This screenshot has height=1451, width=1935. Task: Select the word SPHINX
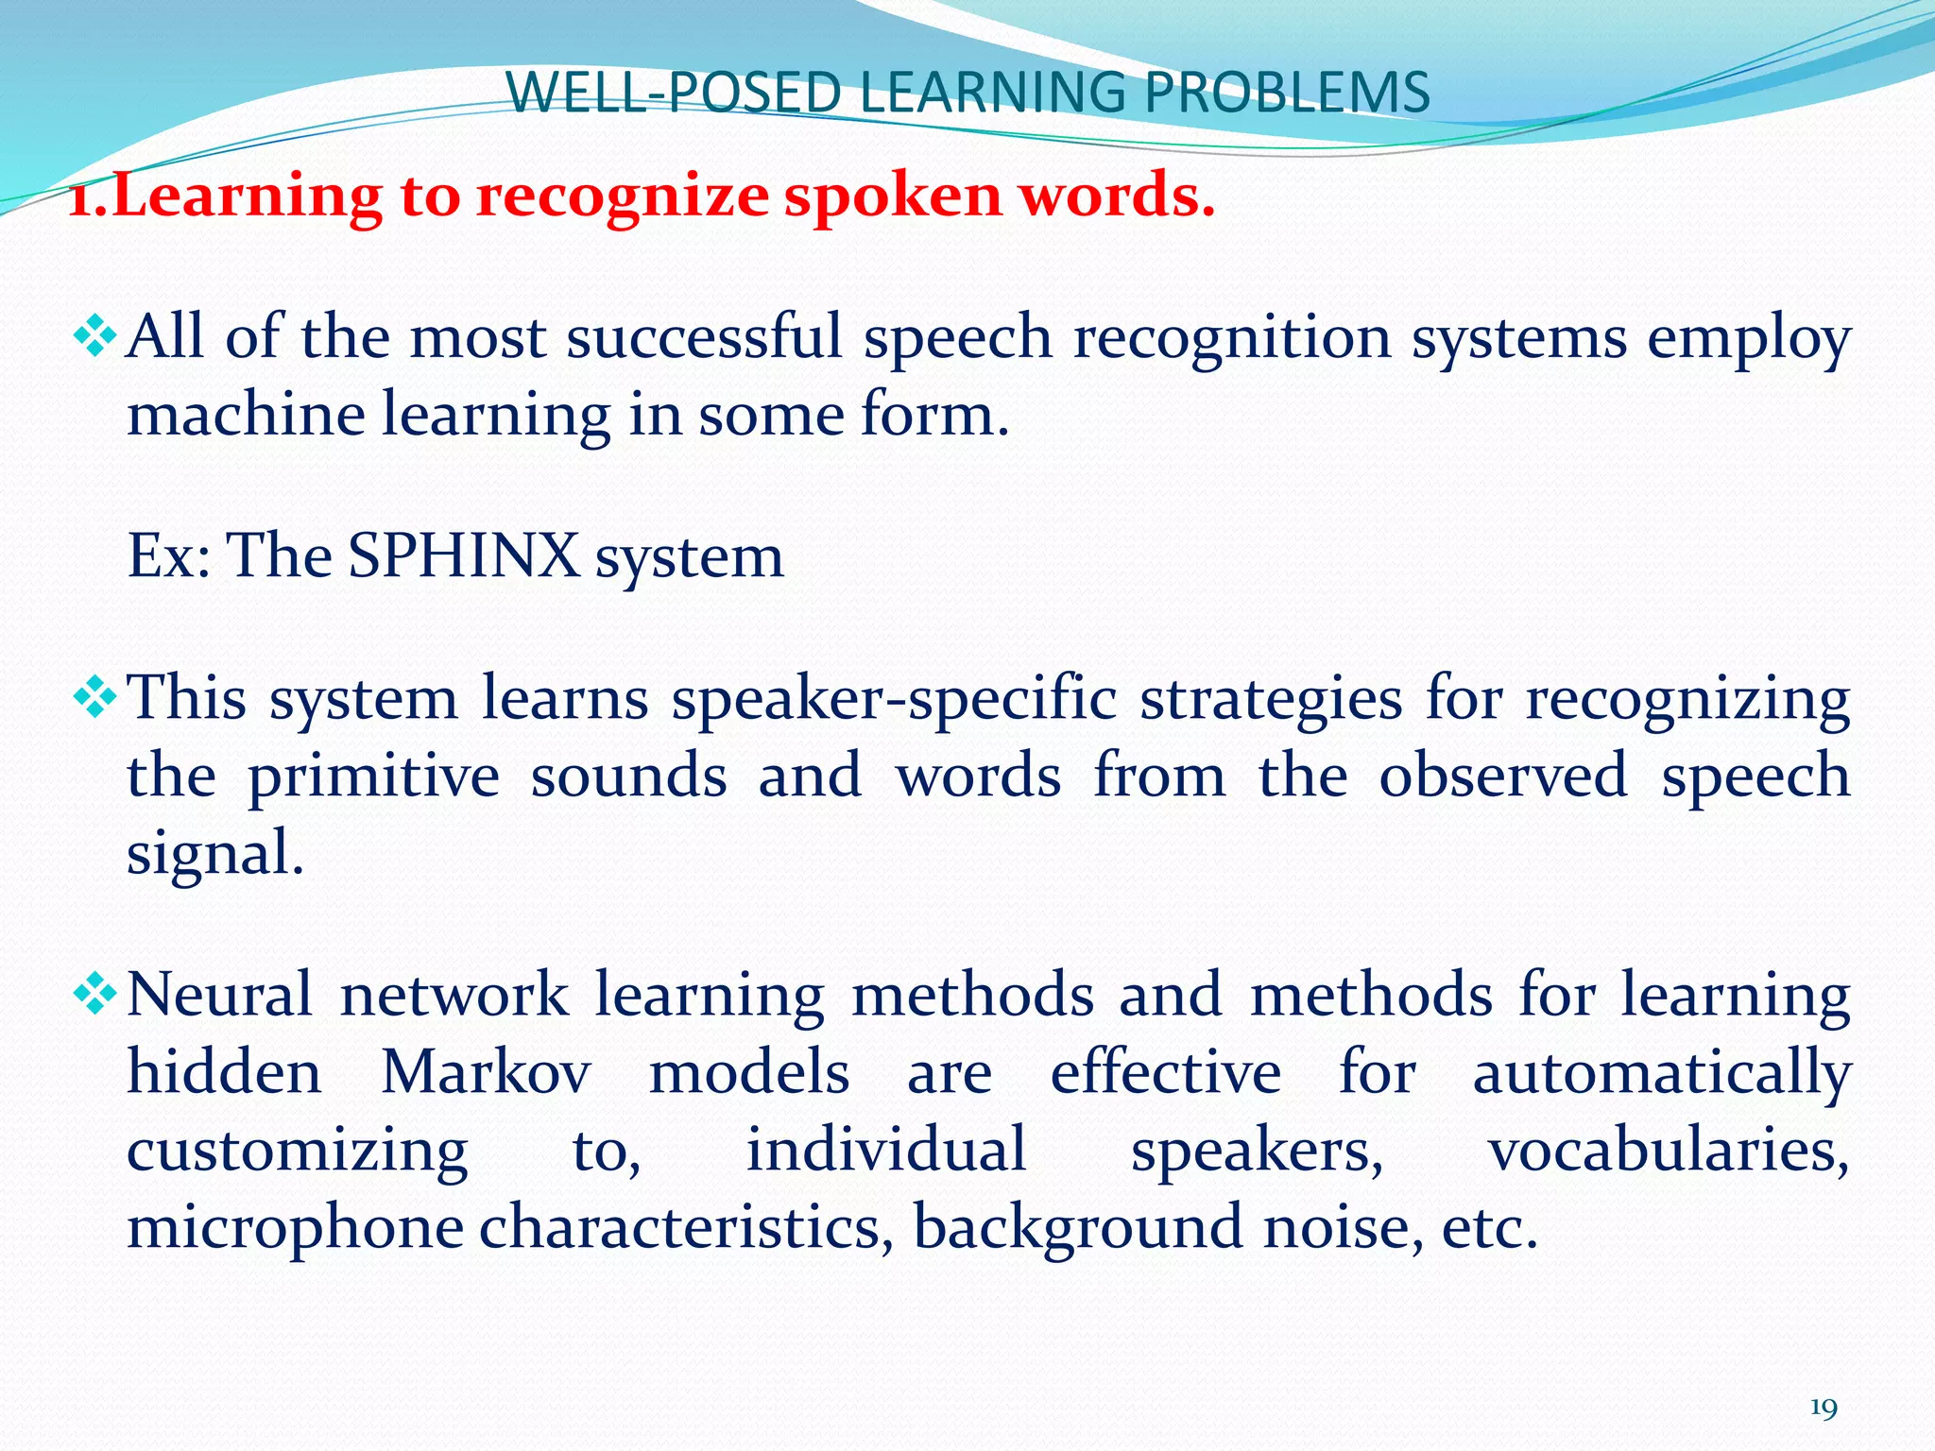click(x=463, y=555)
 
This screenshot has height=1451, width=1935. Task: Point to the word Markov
click(x=486, y=1072)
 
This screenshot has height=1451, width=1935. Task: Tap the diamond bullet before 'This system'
click(x=94, y=699)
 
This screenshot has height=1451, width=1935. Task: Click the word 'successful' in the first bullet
click(x=703, y=337)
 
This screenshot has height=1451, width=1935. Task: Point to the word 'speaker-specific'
click(x=894, y=701)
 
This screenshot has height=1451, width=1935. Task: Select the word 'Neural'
click(x=219, y=996)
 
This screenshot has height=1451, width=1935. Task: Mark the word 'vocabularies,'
click(x=1669, y=1151)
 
